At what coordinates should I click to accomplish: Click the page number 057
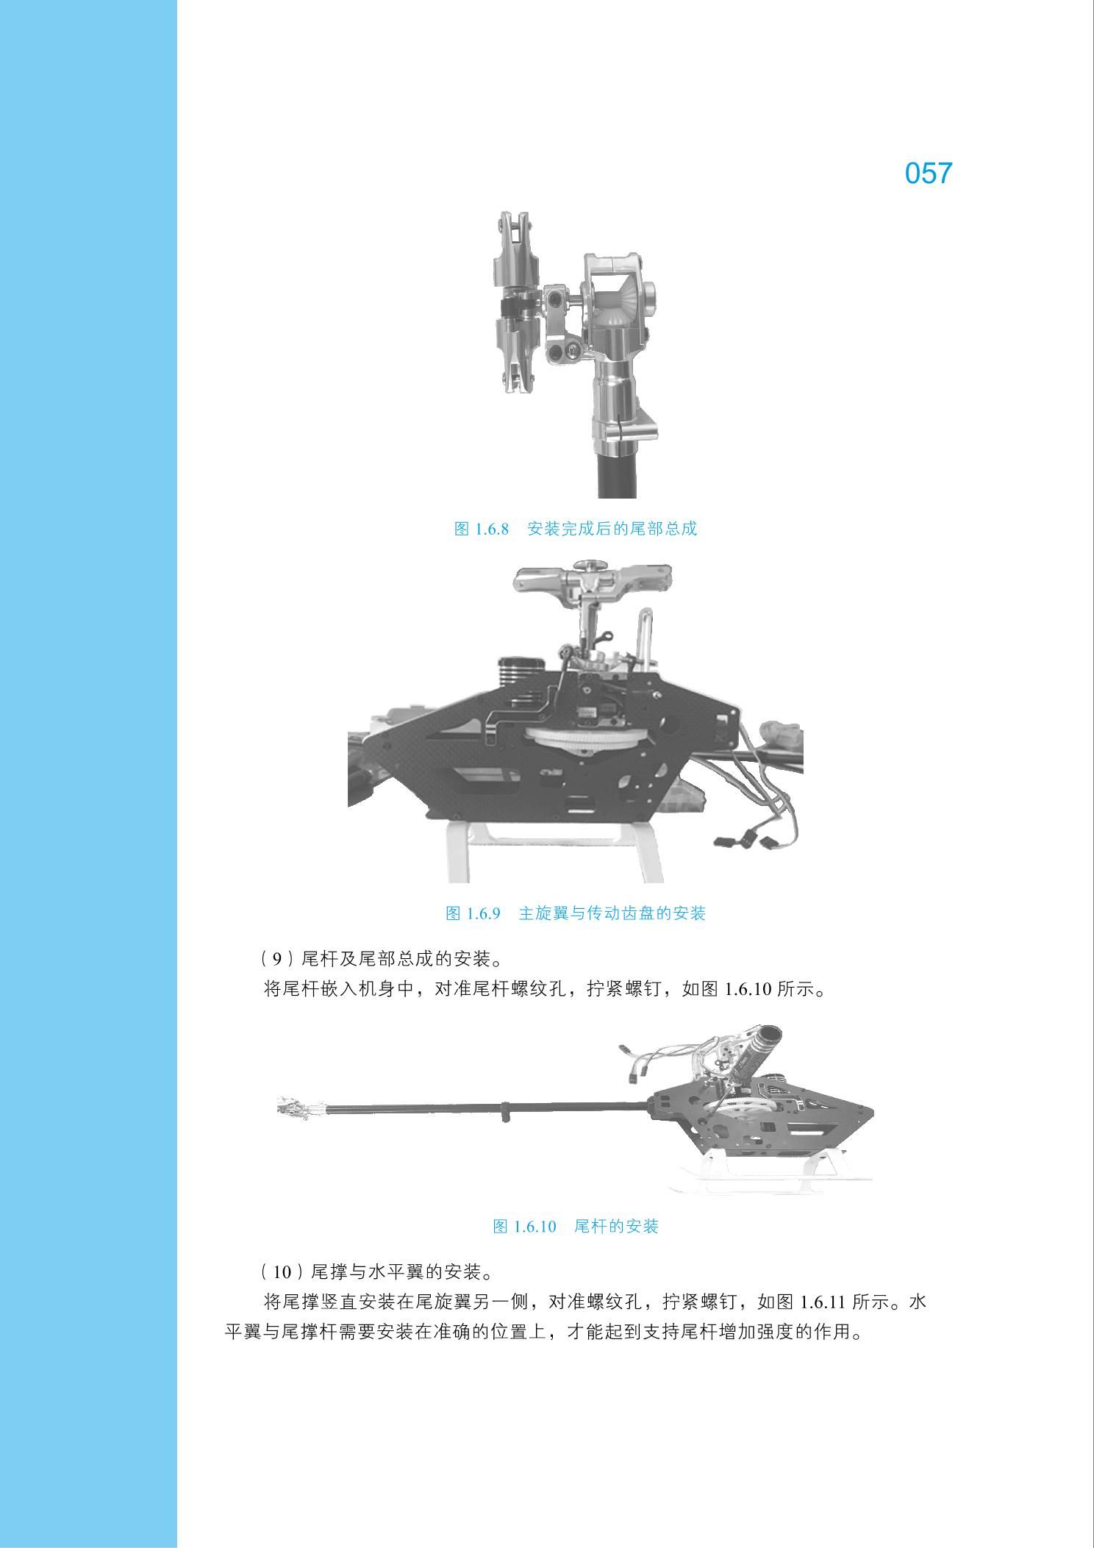pos(929,174)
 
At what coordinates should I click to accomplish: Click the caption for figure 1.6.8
pos(576,529)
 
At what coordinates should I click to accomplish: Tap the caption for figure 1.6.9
pos(576,913)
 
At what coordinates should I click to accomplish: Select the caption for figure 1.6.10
pos(576,1226)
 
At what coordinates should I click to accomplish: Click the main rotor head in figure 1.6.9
pos(592,580)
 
